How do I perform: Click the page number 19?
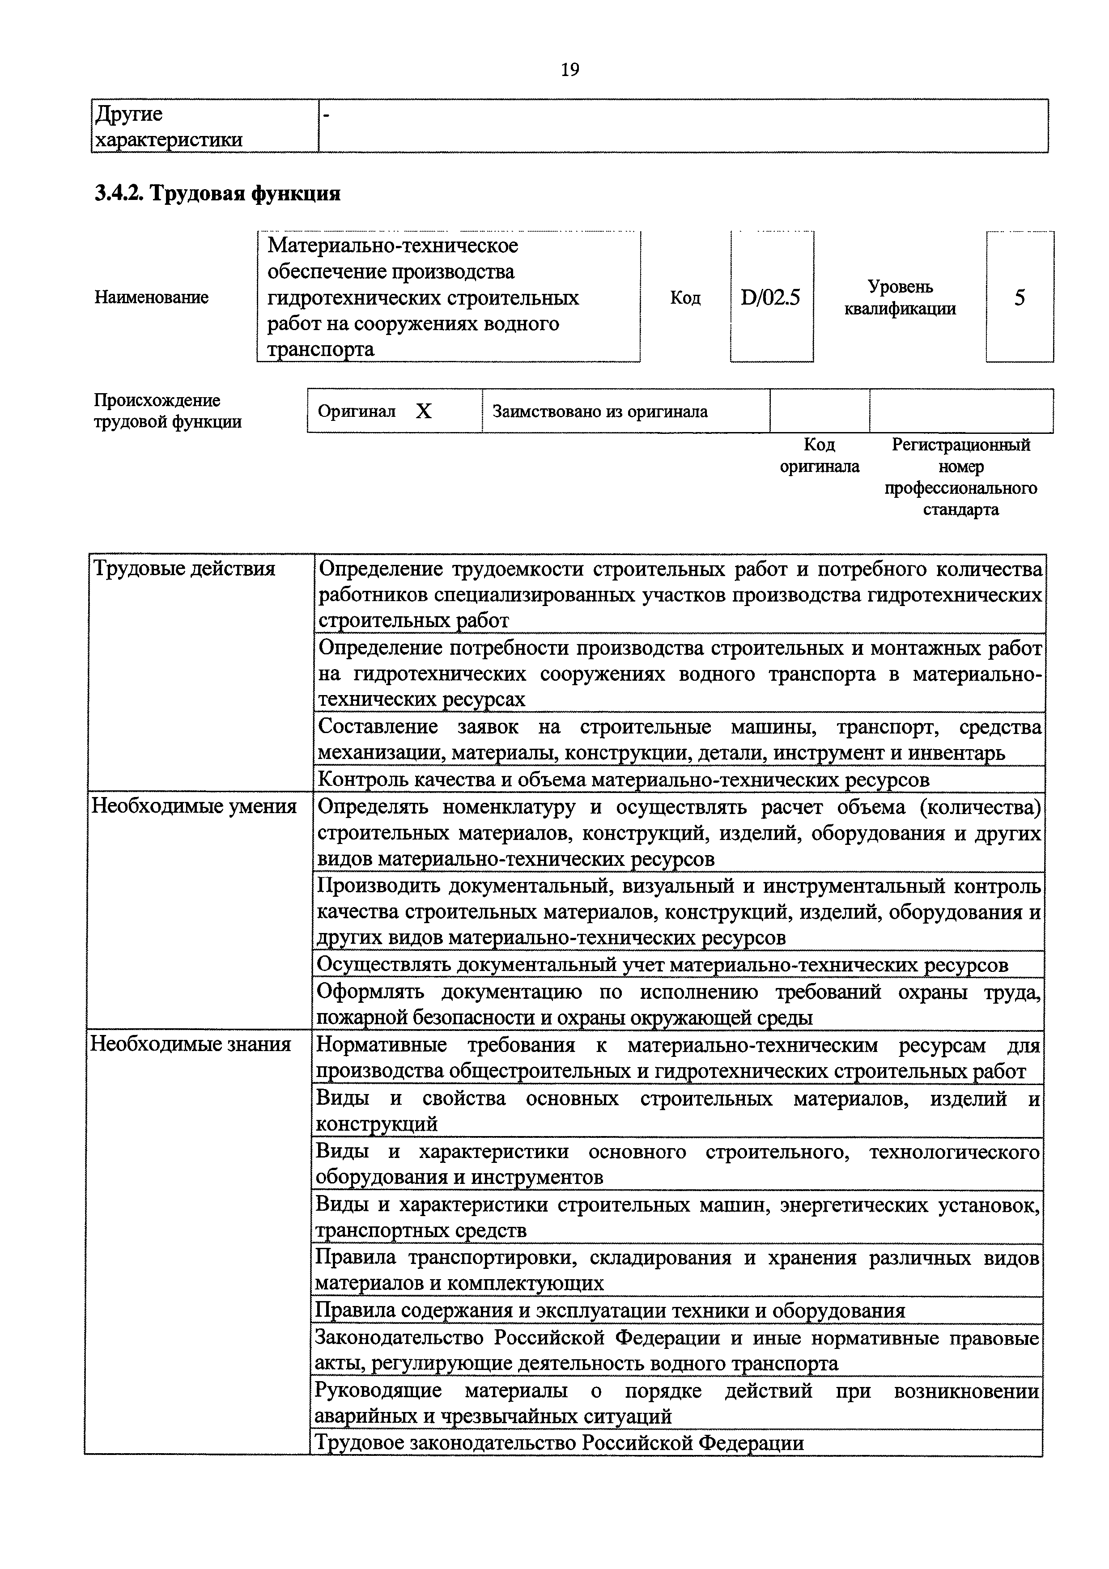[569, 70]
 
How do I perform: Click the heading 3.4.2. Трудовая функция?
[217, 194]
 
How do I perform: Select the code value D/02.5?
[771, 298]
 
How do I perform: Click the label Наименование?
[152, 297]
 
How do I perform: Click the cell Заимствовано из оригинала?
[600, 411]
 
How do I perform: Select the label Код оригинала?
[819, 456]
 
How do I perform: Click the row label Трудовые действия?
[184, 568]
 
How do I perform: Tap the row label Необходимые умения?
[194, 806]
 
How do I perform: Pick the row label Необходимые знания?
[191, 1044]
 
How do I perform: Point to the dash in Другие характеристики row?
[326, 116]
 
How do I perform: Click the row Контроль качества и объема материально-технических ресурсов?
[624, 780]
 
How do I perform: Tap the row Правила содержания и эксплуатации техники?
[609, 1310]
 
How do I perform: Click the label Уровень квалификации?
[900, 298]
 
